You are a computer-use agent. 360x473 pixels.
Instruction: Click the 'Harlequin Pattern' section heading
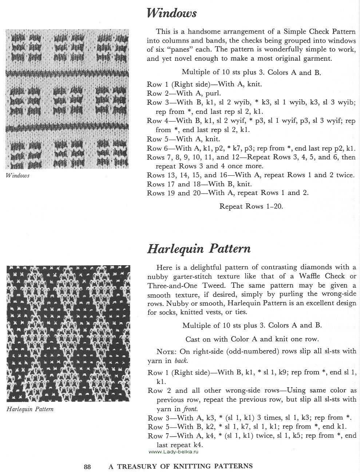click(198, 249)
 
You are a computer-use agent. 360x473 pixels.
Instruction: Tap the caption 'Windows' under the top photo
click(17, 176)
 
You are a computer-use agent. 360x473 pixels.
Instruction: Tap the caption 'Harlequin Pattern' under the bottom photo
click(30, 409)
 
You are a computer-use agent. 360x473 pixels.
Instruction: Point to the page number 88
click(87, 466)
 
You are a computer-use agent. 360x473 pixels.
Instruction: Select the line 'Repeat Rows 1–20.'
click(251, 206)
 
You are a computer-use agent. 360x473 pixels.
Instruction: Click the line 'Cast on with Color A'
click(252, 339)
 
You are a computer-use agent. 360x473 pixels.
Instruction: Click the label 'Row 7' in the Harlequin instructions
click(155, 436)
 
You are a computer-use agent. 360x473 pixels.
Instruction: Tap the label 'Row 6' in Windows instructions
click(155, 148)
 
